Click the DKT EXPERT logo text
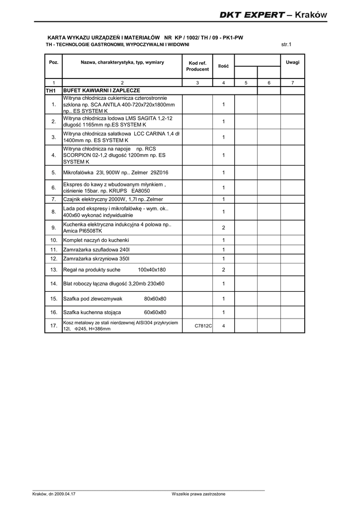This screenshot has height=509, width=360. coord(252,15)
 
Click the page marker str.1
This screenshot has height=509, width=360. coord(286,44)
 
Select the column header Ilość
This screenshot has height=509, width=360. coord(223,66)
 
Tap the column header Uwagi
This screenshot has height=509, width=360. coord(292,62)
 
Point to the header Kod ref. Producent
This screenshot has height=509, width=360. coord(197,66)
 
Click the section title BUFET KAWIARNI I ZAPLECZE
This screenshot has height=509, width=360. coord(101,90)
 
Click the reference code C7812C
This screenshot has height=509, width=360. coord(203,326)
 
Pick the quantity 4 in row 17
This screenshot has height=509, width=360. coord(224,326)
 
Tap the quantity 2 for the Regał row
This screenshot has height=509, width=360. coord(224,270)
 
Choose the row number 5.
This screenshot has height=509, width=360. coord(53,173)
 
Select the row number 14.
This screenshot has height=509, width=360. coord(53,283)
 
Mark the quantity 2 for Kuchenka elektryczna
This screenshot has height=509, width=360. coord(224,228)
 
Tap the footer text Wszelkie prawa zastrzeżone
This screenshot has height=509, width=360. coord(198,494)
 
